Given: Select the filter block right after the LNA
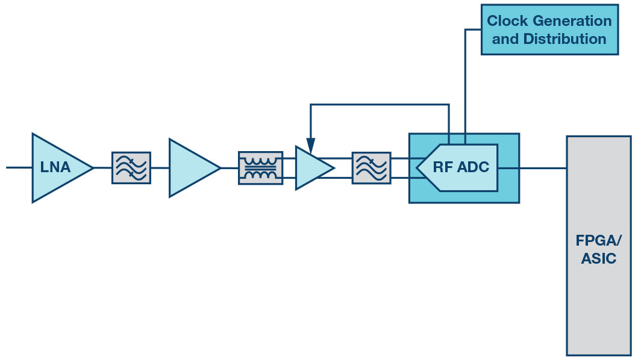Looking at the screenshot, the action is [131, 167].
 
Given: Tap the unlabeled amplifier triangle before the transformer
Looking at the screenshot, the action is [191, 167].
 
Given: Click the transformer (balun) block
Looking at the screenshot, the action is [260, 167].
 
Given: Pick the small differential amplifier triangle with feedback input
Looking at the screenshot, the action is [311, 167].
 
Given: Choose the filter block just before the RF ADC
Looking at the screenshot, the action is [372, 167].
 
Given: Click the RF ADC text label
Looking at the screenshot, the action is [461, 167].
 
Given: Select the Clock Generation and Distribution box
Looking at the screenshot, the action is [549, 29].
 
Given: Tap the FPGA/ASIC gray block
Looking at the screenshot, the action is [599, 246].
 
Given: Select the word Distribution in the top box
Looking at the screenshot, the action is [565, 39].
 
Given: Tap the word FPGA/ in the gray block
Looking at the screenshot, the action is [598, 240].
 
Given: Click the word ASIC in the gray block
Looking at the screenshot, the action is [598, 259].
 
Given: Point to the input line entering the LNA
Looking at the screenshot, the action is [19, 167].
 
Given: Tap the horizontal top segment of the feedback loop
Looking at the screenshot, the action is [380, 105].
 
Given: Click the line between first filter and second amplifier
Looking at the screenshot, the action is [160, 167].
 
